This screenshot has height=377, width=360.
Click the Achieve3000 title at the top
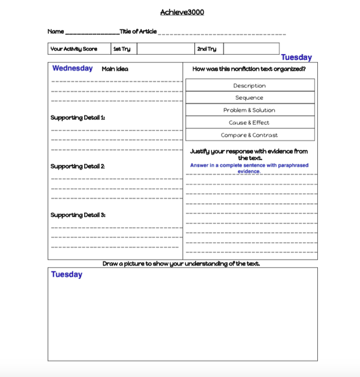coord(182,12)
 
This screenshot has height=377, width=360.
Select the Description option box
coord(250,85)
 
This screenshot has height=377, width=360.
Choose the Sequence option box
coord(250,97)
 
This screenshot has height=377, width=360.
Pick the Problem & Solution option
coord(250,110)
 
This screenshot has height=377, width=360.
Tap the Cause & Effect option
coord(250,122)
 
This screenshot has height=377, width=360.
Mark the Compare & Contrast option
coord(250,135)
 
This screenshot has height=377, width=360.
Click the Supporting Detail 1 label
coord(78,117)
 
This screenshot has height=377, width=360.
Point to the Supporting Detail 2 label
coord(78,166)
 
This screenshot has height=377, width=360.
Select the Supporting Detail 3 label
coord(78,215)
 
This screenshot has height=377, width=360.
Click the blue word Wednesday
coord(73,69)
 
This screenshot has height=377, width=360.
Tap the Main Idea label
coord(115,69)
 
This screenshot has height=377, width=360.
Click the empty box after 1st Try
coord(166,49)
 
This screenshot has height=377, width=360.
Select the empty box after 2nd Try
coord(251,49)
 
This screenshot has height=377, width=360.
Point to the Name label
coord(55,32)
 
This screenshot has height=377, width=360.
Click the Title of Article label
coord(138,32)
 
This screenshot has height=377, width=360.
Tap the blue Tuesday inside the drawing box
coord(66,274)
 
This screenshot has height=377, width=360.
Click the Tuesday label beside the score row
coord(296,58)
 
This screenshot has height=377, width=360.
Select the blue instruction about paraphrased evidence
coord(249,168)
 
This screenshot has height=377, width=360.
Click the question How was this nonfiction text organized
coord(249,69)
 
